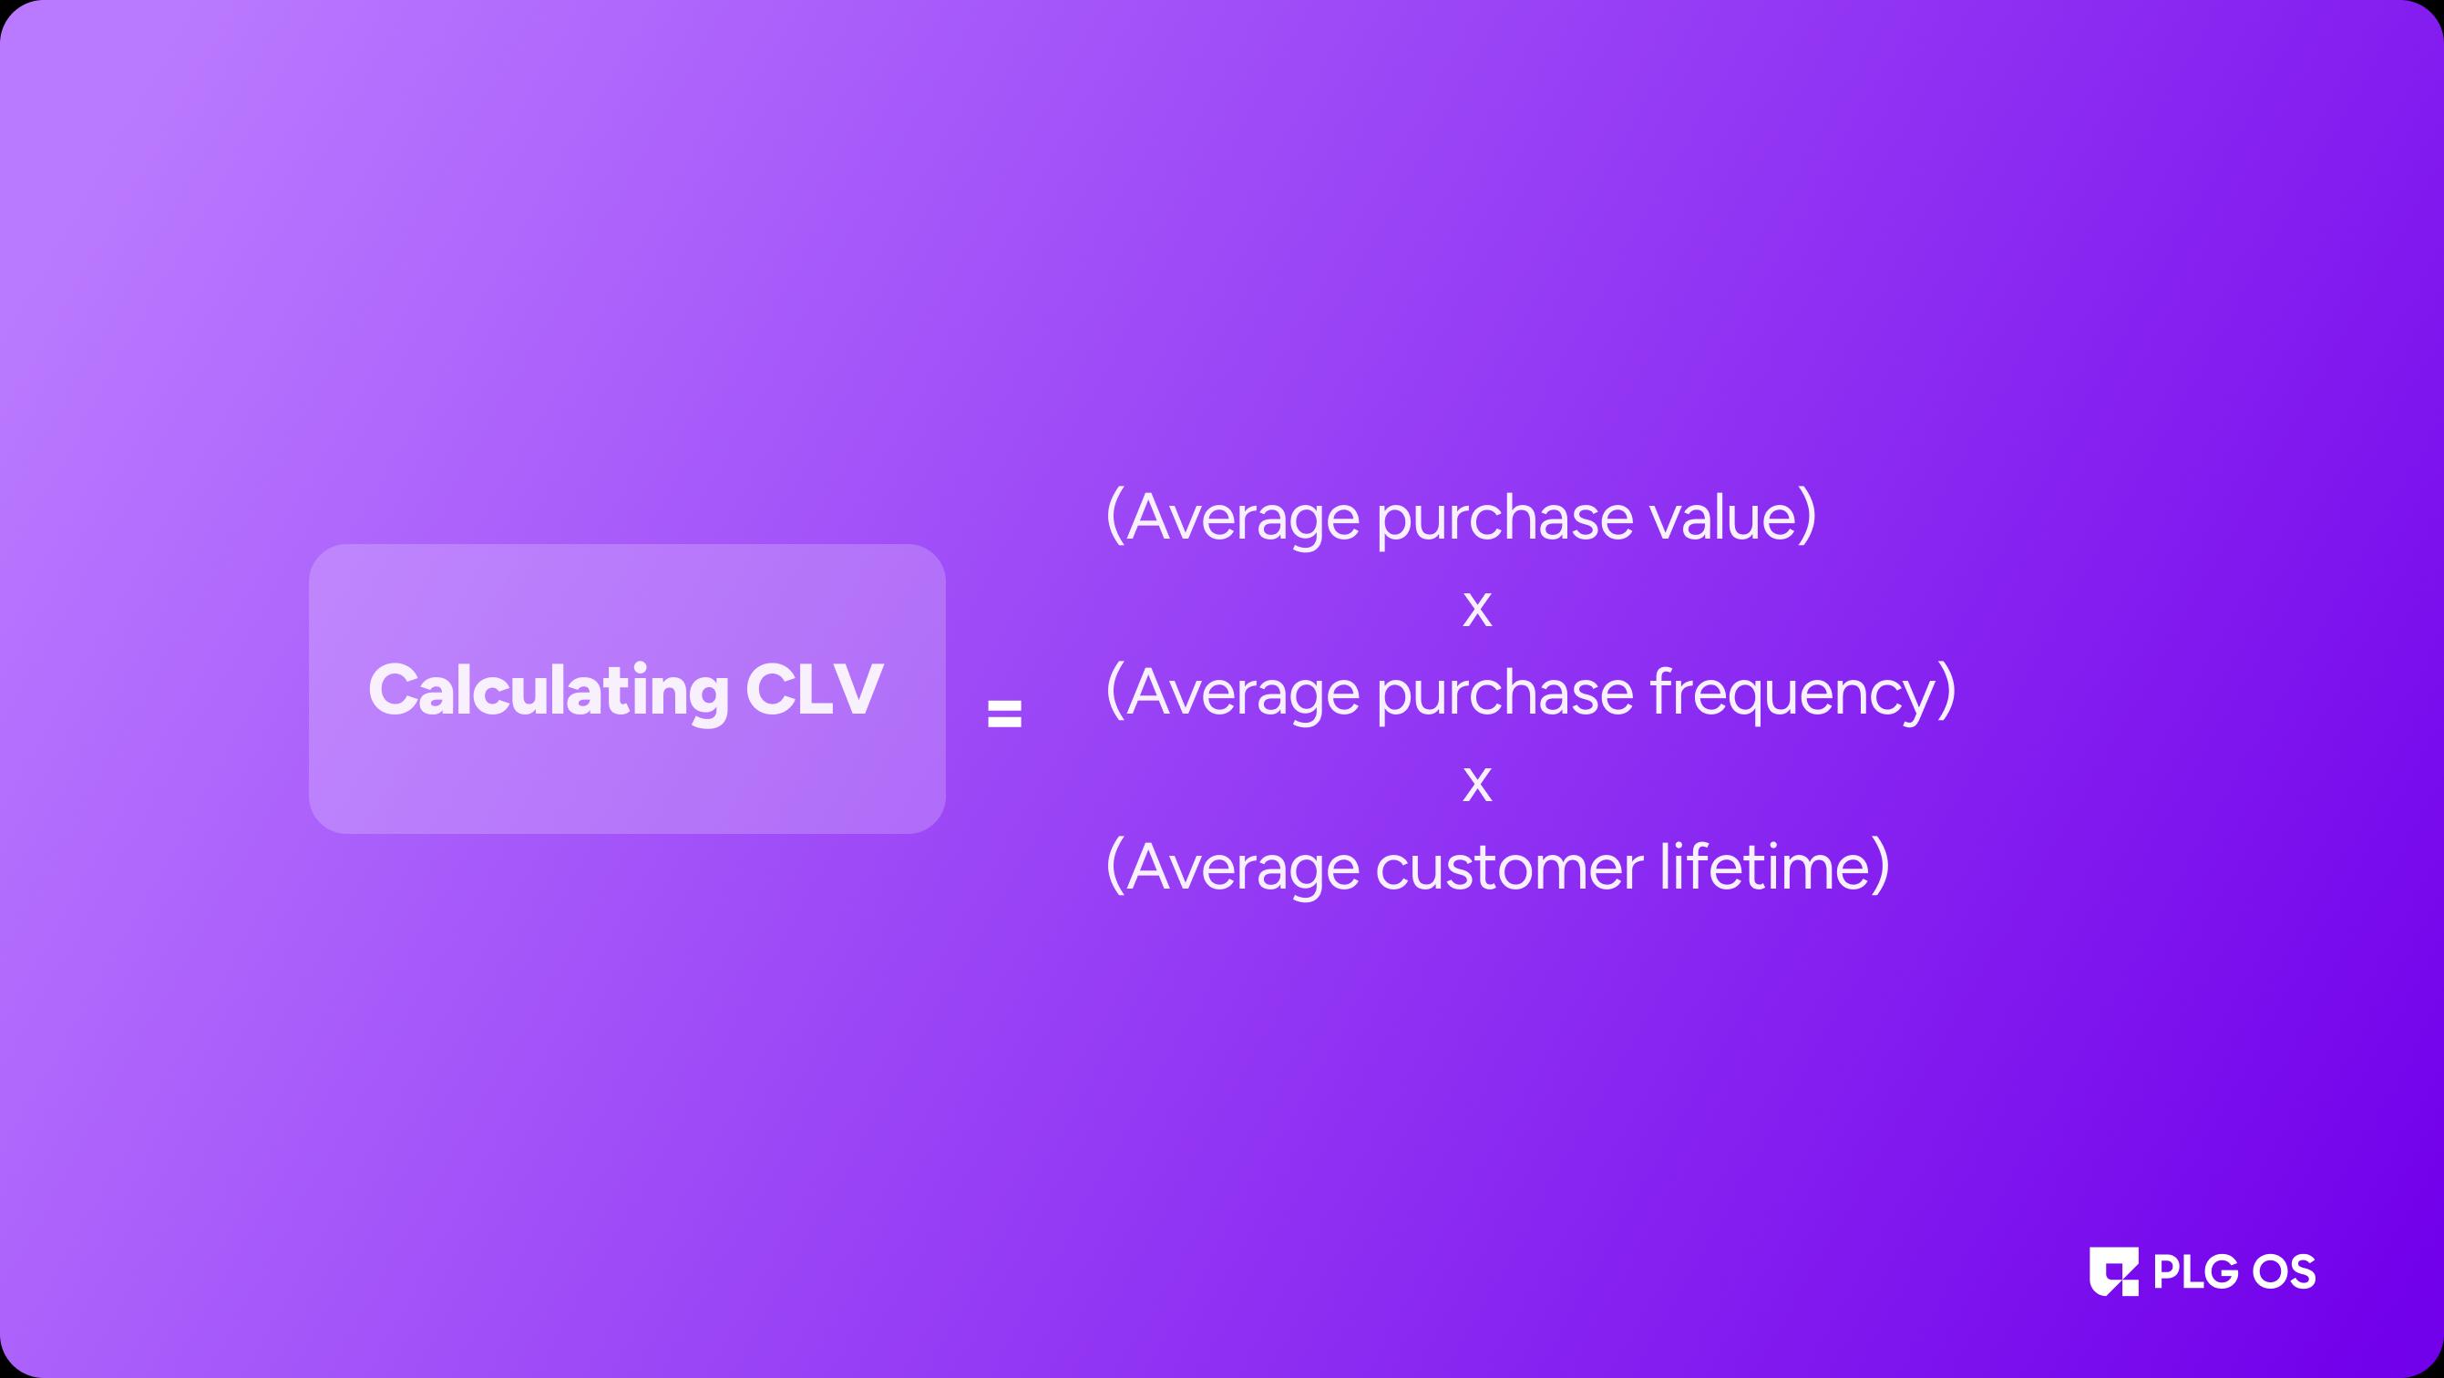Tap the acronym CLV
(x=814, y=689)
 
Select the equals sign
(x=1005, y=714)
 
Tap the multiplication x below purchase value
(x=1477, y=610)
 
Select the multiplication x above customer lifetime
(x=1477, y=785)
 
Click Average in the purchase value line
(x=1243, y=520)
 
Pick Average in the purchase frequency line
(x=1243, y=694)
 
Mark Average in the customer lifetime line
(x=1243, y=870)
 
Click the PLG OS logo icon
(x=2114, y=1271)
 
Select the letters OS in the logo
(x=2285, y=1271)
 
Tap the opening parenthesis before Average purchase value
(x=1115, y=518)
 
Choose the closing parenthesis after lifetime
(x=1880, y=866)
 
